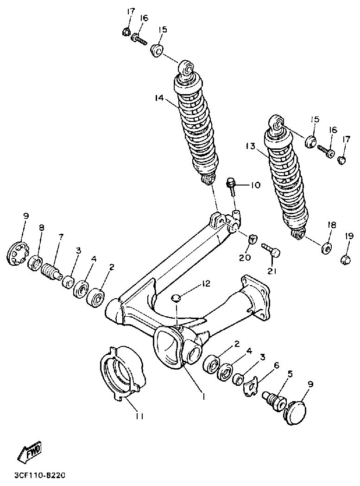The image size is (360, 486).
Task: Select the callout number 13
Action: click(x=251, y=146)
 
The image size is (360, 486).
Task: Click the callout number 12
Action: click(x=206, y=283)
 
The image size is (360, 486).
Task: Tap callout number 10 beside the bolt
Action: click(x=255, y=185)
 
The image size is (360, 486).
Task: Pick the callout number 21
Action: click(x=272, y=271)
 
